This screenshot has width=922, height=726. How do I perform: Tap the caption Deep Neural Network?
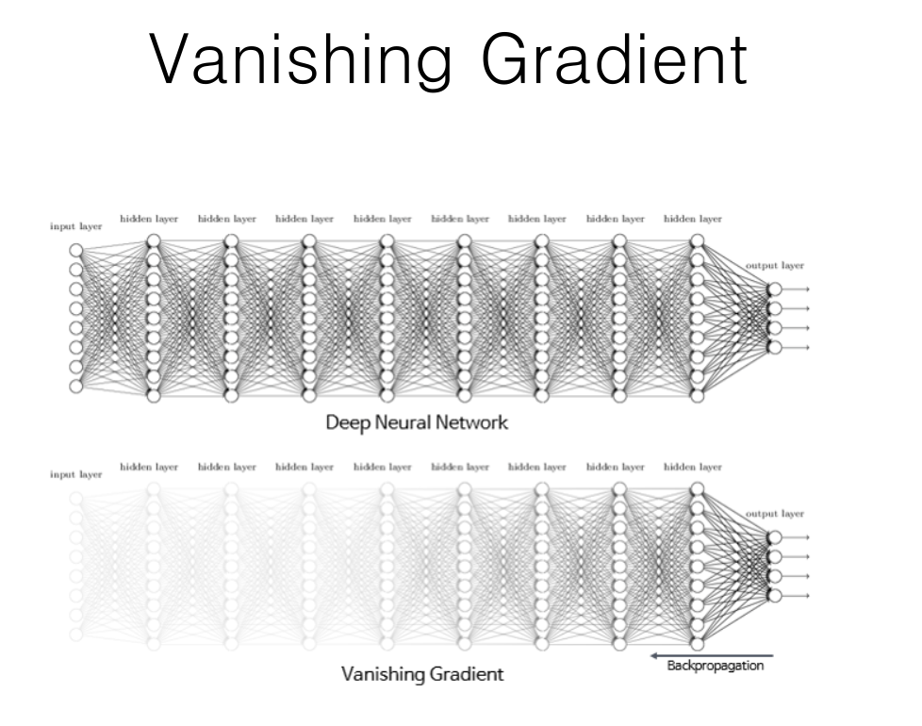pyautogui.click(x=417, y=422)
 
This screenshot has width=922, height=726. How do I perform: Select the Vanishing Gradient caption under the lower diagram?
pyautogui.click(x=422, y=674)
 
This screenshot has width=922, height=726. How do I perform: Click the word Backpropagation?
pyautogui.click(x=716, y=667)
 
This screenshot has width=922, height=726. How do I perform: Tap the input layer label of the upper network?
pyautogui.click(x=76, y=227)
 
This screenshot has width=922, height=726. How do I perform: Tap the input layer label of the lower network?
pyautogui.click(x=76, y=474)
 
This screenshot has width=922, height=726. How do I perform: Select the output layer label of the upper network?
pyautogui.click(x=775, y=267)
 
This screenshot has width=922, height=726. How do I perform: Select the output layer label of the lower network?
pyautogui.click(x=775, y=514)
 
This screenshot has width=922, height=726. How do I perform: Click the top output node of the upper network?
pyautogui.click(x=775, y=289)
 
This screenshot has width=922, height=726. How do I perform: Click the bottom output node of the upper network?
pyautogui.click(x=775, y=348)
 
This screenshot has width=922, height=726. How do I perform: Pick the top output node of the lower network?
pyautogui.click(x=775, y=536)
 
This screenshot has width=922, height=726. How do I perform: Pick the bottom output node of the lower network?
pyautogui.click(x=775, y=595)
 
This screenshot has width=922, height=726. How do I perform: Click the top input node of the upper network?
pyautogui.click(x=76, y=250)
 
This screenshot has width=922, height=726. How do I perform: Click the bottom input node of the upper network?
pyautogui.click(x=76, y=386)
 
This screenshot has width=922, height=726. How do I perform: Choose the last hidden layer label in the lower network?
pyautogui.click(x=693, y=466)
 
